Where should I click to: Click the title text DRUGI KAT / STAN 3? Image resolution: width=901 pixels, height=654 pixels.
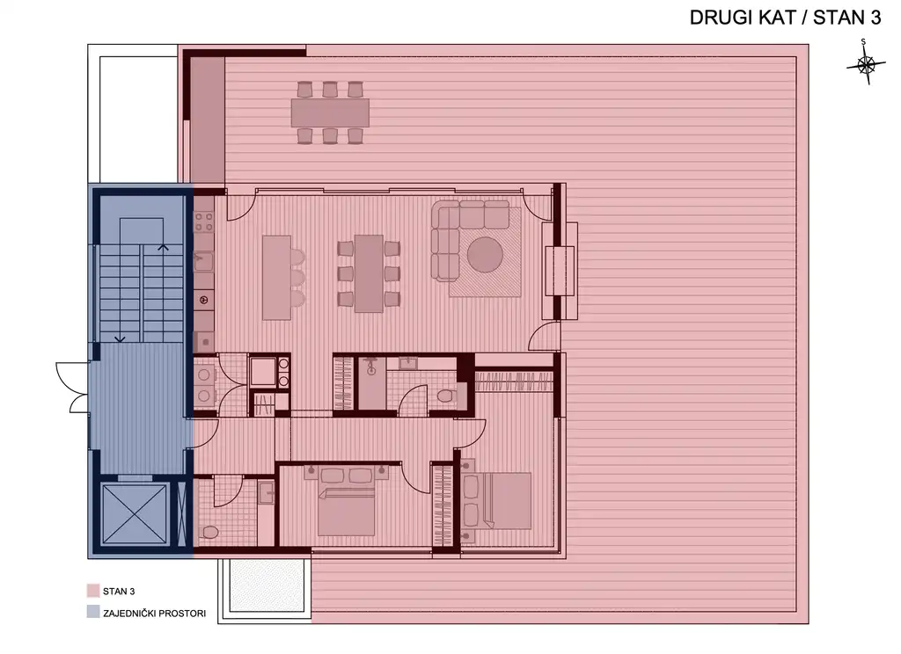(x=784, y=19)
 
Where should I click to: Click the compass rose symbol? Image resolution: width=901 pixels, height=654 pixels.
(x=866, y=65)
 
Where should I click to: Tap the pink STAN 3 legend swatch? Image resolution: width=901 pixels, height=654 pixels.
(x=92, y=592)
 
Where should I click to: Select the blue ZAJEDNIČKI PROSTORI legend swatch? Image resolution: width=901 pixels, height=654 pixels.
(x=92, y=613)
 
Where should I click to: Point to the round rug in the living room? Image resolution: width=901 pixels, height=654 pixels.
(x=485, y=257)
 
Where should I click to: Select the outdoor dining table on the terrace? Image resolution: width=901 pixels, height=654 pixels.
(x=330, y=113)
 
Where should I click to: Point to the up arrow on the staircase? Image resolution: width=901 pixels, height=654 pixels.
(x=163, y=249)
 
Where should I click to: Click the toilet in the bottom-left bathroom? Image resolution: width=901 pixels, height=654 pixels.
(x=210, y=533)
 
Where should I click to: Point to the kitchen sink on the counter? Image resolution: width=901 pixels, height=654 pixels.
(x=202, y=260)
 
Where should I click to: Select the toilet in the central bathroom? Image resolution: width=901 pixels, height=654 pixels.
(x=446, y=396)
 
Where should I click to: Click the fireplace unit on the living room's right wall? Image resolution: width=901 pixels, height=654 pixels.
(x=560, y=272)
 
